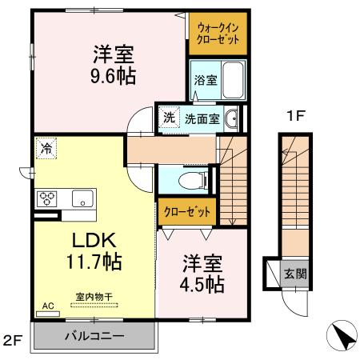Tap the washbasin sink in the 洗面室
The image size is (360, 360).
(x=232, y=120)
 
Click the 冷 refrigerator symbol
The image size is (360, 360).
(x=46, y=148)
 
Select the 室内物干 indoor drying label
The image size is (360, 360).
(x=94, y=297)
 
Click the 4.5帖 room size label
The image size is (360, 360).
(x=202, y=283)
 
